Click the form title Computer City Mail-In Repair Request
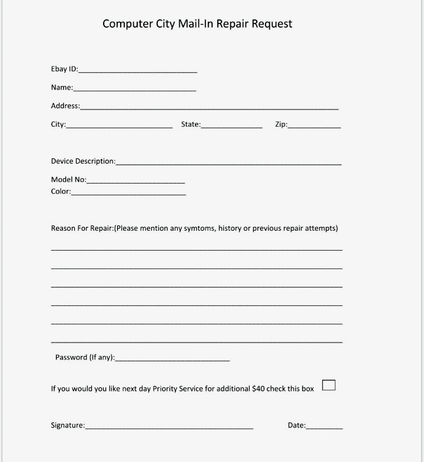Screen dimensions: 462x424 click(x=197, y=24)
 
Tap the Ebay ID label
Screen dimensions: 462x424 click(x=64, y=69)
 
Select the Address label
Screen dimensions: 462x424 click(x=65, y=106)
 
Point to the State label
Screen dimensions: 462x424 click(x=190, y=124)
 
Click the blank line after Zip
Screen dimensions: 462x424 click(x=314, y=126)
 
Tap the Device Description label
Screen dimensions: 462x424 click(x=83, y=161)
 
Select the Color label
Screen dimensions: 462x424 click(x=61, y=191)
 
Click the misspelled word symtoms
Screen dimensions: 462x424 click(x=200, y=228)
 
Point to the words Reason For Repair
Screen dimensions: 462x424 click(x=81, y=228)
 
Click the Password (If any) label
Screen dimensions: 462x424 click(x=85, y=357)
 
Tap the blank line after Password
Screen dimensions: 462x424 click(x=172, y=359)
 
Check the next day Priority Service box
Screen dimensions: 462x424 click(x=329, y=385)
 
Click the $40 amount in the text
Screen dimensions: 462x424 click(x=258, y=389)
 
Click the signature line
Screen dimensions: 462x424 click(x=169, y=427)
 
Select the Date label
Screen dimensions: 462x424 click(x=296, y=426)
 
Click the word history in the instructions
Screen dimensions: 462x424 click(x=230, y=228)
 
